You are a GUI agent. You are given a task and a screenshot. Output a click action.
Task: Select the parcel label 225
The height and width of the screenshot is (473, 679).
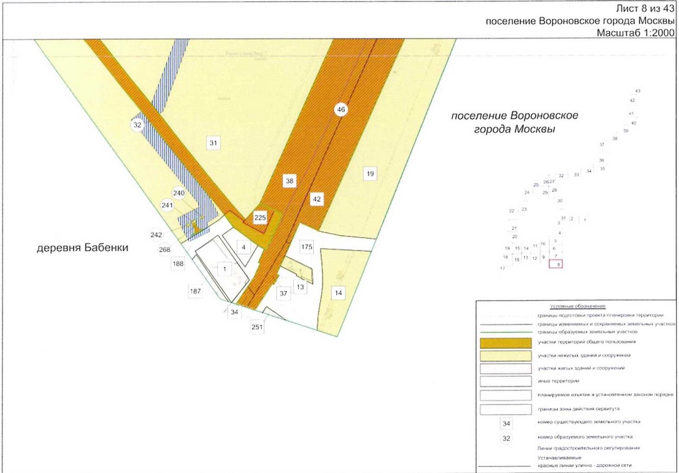click(261, 218)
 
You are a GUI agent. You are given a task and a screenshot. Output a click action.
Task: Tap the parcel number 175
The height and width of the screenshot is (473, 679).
click(307, 247)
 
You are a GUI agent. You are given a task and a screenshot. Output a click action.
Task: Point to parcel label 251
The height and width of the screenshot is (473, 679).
click(257, 327)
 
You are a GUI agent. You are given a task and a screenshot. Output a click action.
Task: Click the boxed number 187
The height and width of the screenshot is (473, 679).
click(196, 291)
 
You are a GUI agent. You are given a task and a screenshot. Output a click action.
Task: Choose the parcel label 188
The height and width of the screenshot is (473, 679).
click(178, 264)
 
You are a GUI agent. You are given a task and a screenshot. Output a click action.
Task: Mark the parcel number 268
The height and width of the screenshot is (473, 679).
click(164, 249)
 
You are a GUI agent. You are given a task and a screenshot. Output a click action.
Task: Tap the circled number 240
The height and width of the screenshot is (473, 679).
click(179, 193)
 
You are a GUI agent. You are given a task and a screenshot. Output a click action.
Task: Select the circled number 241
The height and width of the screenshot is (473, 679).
click(167, 205)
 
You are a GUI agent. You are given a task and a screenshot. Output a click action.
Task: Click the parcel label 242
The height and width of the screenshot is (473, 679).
click(157, 235)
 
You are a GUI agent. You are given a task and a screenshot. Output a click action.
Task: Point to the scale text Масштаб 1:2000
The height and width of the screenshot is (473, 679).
click(636, 32)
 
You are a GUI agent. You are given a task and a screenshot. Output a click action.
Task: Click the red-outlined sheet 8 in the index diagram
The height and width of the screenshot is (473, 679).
click(558, 265)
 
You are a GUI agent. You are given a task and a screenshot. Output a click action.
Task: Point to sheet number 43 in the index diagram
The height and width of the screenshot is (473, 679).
click(637, 91)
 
